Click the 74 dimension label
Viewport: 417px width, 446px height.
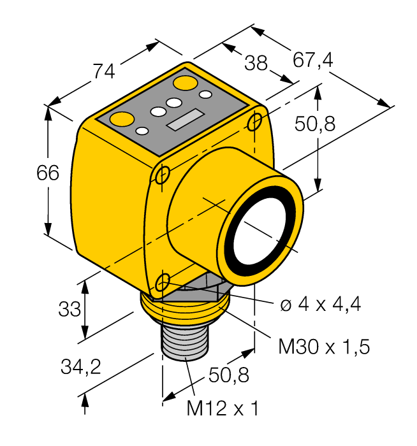[105, 72]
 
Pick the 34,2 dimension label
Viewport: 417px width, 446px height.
[80, 366]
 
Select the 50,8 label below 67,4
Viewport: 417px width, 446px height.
[315, 124]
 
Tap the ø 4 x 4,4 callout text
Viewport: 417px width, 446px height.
[321, 305]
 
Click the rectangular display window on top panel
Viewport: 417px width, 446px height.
[183, 120]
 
